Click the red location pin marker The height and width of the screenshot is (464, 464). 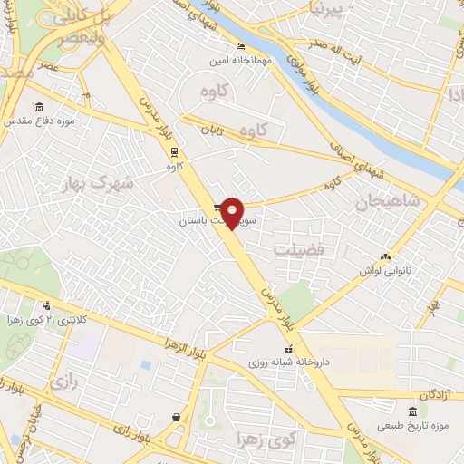click(233, 213)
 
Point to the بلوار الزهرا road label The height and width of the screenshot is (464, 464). click(186, 344)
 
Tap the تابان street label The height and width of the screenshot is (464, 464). click(211, 131)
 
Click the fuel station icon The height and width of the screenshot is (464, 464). click(173, 417)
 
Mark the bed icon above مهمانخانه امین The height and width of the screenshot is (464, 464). click(239, 47)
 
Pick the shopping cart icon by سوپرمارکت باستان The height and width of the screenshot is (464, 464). click(218, 208)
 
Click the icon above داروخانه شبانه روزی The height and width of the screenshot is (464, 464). click(288, 350)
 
